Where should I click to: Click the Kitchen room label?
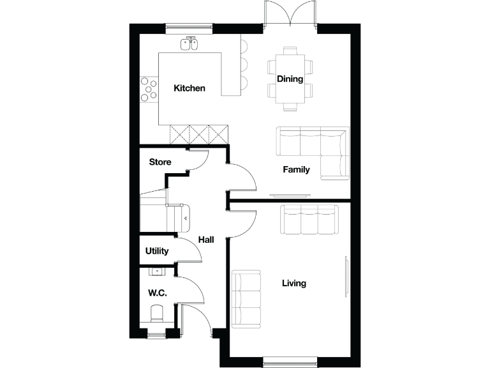coord(189,88)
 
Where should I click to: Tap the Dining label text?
coord(290,79)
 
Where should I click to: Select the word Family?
coord(297,170)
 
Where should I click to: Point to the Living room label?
coord(294,283)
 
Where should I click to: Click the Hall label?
coord(205,240)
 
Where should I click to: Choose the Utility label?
coord(156,251)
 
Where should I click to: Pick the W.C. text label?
coord(157,294)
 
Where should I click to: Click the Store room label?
coord(160,162)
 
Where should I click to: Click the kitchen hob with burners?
coord(149,88)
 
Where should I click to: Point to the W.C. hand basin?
coord(156,272)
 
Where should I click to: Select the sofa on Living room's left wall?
coord(246,299)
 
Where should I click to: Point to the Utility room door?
coord(189,250)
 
